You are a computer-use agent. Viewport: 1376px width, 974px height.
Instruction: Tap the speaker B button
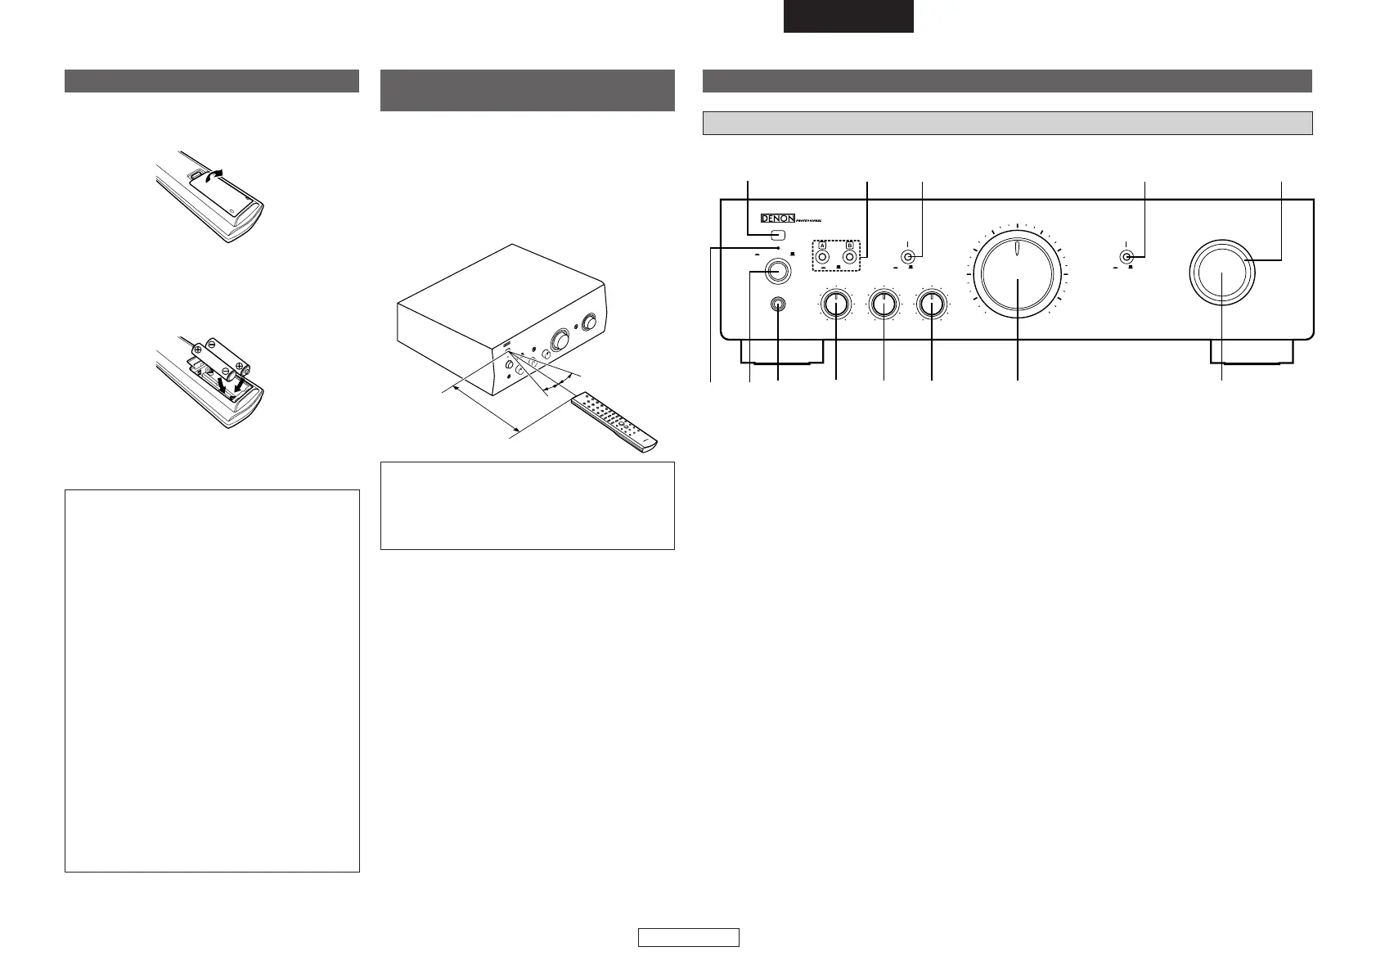pyautogui.click(x=850, y=257)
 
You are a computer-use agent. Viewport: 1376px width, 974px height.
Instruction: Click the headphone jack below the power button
pyautogui.click(x=777, y=304)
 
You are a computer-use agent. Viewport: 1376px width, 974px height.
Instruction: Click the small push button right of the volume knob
pyautogui.click(x=1127, y=257)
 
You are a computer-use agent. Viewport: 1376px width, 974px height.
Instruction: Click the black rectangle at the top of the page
pyautogui.click(x=848, y=16)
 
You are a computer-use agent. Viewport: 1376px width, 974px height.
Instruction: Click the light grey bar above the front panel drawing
pyautogui.click(x=1008, y=123)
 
